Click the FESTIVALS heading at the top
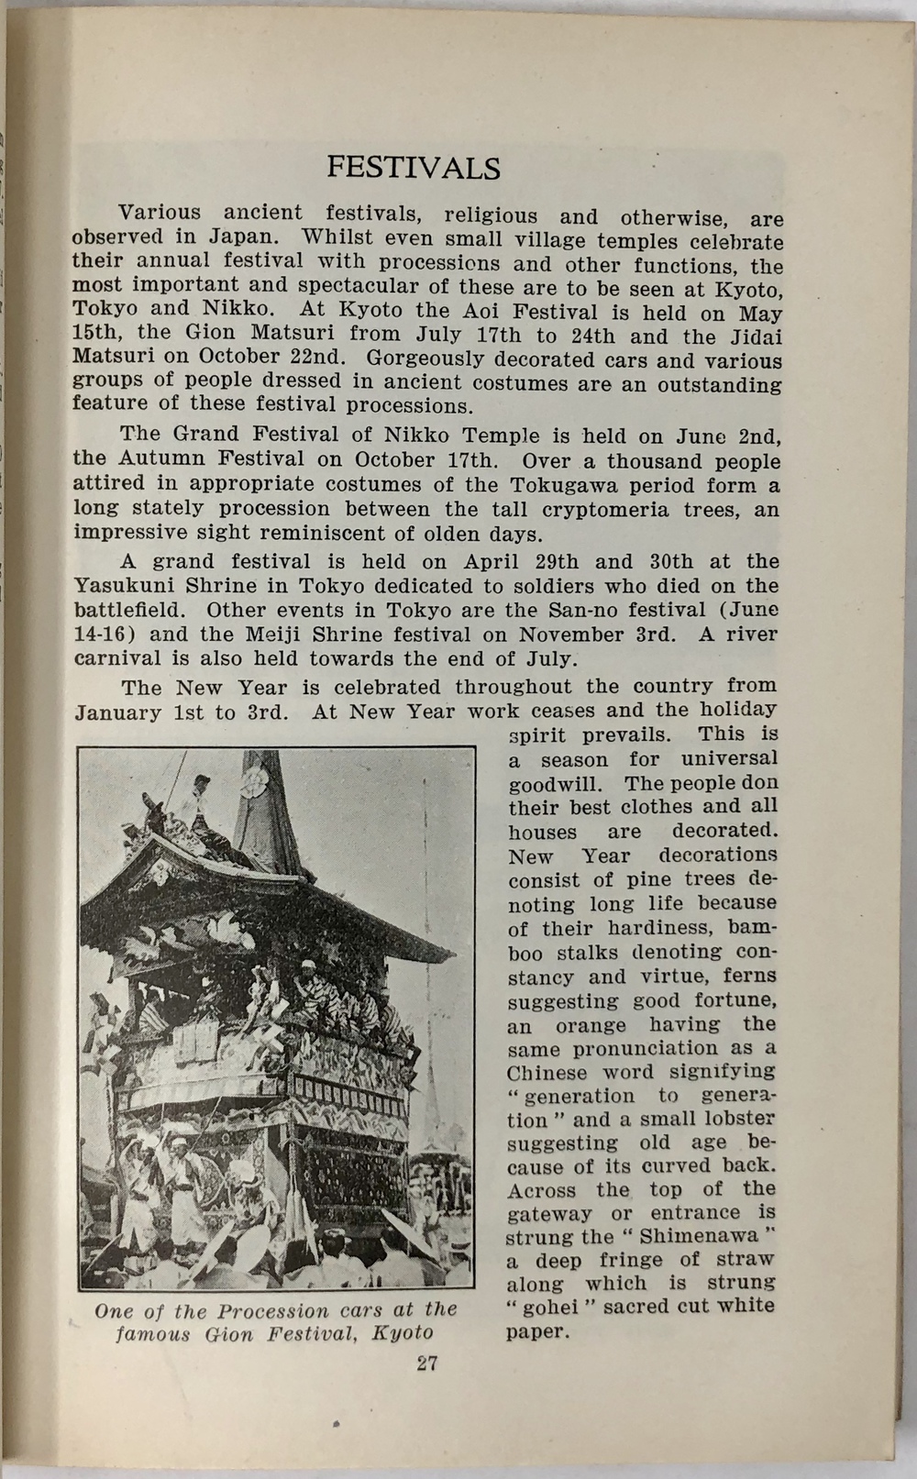point(414,169)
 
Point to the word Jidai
point(753,337)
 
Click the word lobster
point(730,1120)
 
